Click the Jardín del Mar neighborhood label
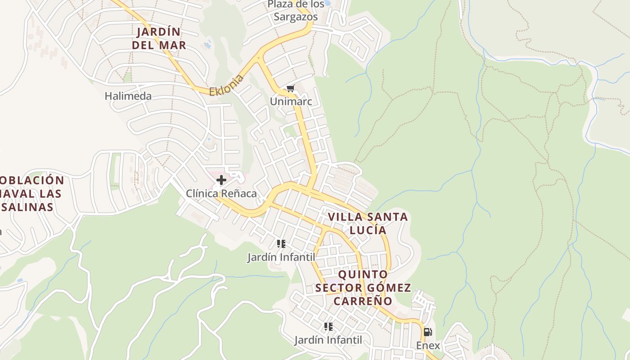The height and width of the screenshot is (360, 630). tap(159, 38)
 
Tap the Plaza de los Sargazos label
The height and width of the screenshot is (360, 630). tap(296, 10)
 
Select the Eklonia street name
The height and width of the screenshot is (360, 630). tap(226, 85)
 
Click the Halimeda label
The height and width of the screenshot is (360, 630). tap(128, 96)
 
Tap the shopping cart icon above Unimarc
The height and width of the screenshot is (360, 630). tap(290, 89)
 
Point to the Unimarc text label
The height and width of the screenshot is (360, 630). tap(291, 102)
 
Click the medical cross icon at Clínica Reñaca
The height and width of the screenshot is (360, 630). tap(221, 180)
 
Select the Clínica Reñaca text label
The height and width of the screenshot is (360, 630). tap(221, 193)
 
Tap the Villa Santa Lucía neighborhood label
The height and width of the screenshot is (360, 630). tap(368, 223)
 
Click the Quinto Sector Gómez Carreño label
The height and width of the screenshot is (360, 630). tap(363, 287)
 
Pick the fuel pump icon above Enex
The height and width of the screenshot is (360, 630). tap(427, 333)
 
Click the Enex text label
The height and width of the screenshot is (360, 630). tap(428, 345)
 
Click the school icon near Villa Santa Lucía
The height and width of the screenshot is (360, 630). tap(281, 244)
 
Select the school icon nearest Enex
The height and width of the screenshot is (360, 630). tap(328, 327)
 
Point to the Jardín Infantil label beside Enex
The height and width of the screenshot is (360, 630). tap(328, 340)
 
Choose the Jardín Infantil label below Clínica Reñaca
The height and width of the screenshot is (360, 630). tap(281, 257)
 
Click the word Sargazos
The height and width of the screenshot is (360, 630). tap(296, 17)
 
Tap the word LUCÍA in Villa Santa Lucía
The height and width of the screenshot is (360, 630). tap(368, 230)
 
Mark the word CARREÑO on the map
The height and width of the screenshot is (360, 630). tap(363, 300)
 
